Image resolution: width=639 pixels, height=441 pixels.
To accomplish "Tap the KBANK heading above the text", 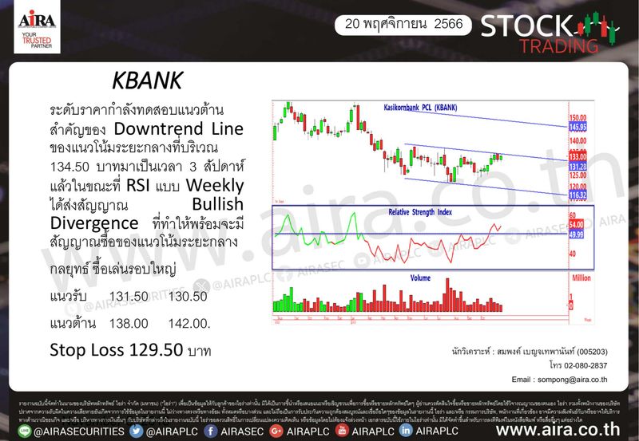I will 147,82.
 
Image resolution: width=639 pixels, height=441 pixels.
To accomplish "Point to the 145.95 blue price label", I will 578,127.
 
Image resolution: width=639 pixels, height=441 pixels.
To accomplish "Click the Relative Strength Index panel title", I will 420,212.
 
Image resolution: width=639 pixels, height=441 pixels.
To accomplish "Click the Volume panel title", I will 421,278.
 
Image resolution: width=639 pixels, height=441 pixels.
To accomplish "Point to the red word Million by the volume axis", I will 581,278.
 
